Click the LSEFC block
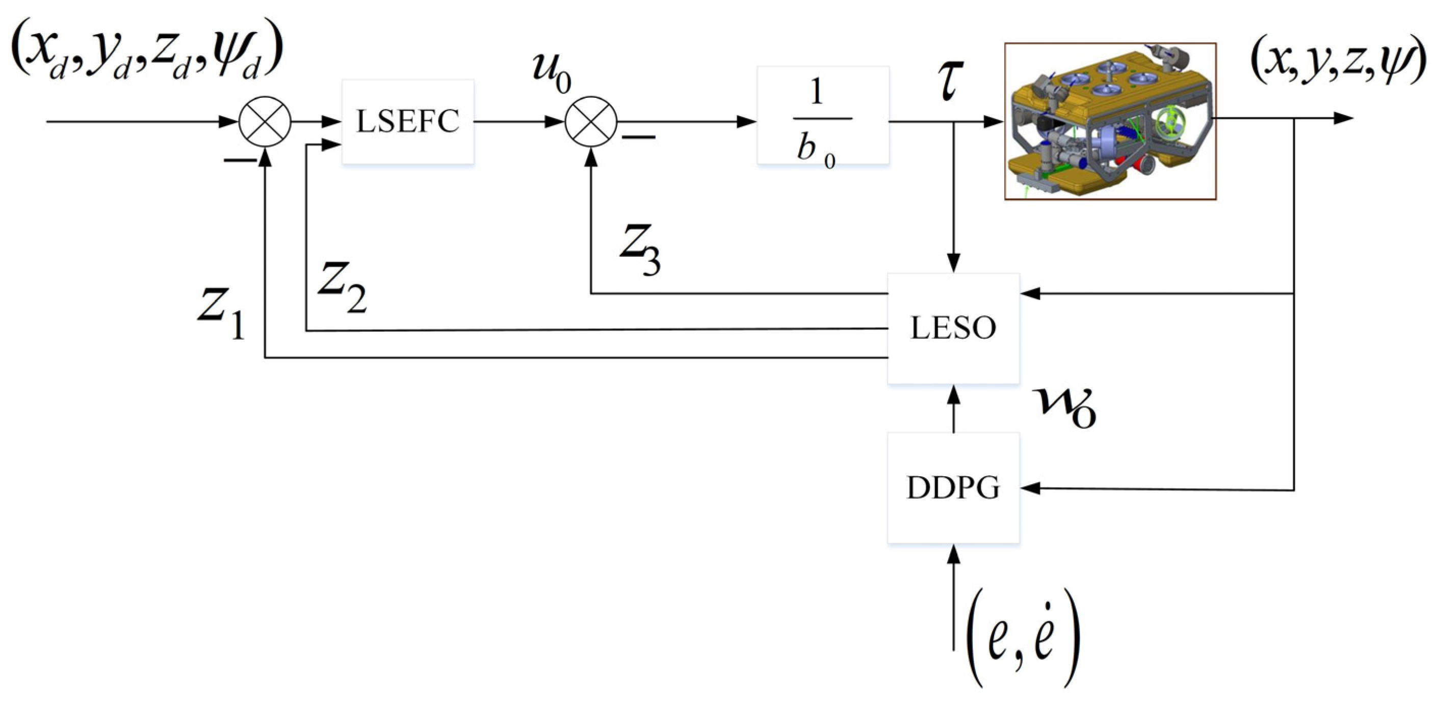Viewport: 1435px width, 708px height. click(x=408, y=121)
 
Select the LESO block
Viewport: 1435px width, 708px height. click(x=953, y=328)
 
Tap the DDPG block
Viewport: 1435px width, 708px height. click(x=953, y=487)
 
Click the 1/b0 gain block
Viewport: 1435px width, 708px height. click(x=823, y=115)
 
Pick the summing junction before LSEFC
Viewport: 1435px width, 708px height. click(x=265, y=121)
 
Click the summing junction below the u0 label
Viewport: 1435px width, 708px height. click(x=591, y=121)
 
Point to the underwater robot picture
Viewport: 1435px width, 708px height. click(x=1110, y=121)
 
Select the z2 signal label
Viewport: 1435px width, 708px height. click(x=342, y=286)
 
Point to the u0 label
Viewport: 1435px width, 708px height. click(x=552, y=72)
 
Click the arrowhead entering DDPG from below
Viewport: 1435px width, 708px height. click(x=954, y=554)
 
